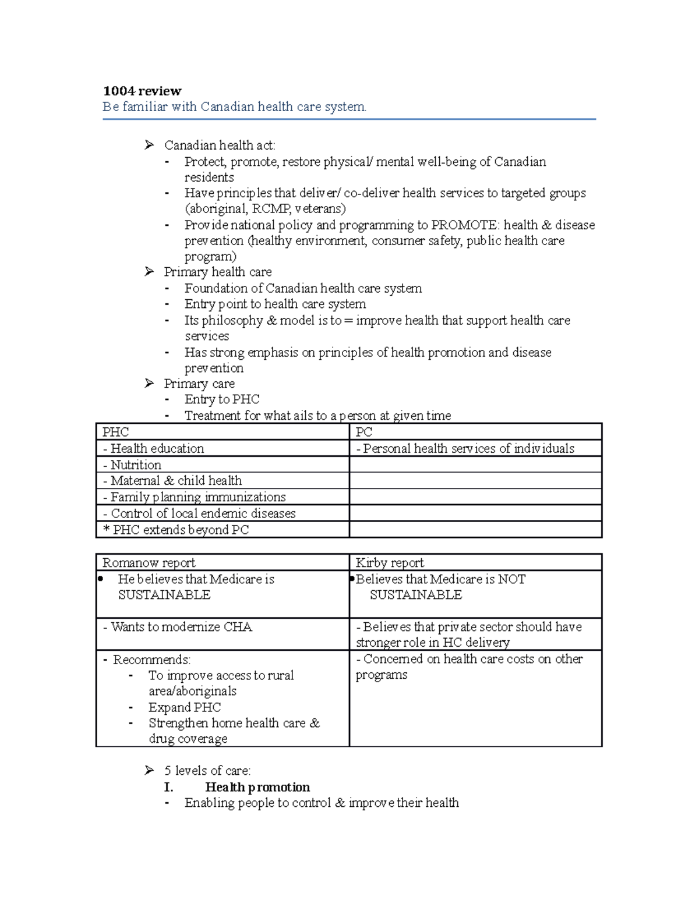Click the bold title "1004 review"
point(142,91)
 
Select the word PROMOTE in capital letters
point(464,225)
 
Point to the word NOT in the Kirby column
point(512,579)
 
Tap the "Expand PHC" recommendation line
point(185,707)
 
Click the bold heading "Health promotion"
point(257,787)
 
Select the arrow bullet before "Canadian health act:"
point(150,145)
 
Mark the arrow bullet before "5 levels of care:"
point(150,771)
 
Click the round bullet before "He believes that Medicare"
point(101,579)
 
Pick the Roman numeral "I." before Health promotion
point(168,787)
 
